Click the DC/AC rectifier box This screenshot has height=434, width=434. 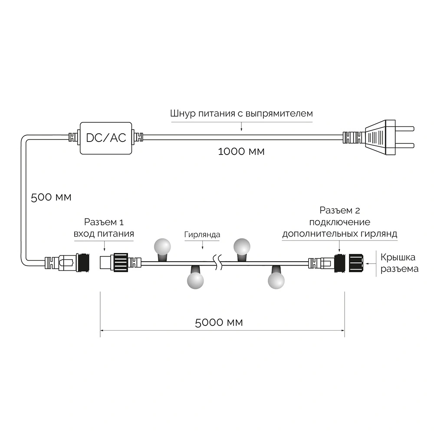(106, 138)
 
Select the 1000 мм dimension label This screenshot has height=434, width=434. (241, 151)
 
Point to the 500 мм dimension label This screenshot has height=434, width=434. (51, 197)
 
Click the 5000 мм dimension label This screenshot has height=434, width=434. (219, 322)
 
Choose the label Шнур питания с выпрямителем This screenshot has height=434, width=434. (241, 114)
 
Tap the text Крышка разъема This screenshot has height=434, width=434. (399, 263)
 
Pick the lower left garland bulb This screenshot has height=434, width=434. (195, 280)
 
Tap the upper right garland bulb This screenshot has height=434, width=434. (242, 247)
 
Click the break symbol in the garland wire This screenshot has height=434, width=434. (218, 262)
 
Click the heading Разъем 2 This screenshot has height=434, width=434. (340, 211)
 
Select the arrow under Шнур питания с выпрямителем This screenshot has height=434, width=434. (241, 125)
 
